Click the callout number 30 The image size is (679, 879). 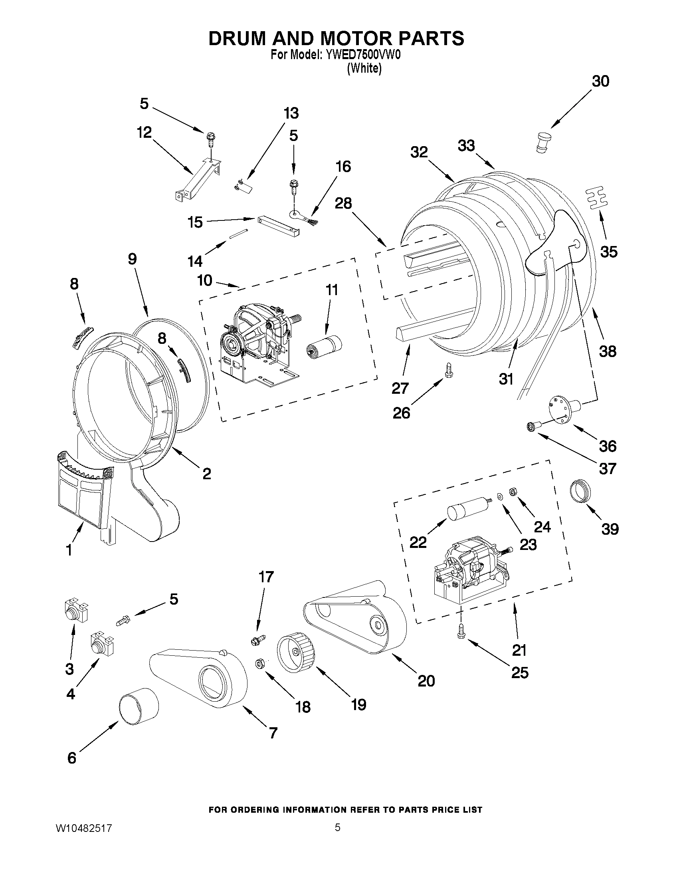point(600,81)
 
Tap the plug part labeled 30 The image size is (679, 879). point(543,143)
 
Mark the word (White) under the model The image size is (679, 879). point(364,68)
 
